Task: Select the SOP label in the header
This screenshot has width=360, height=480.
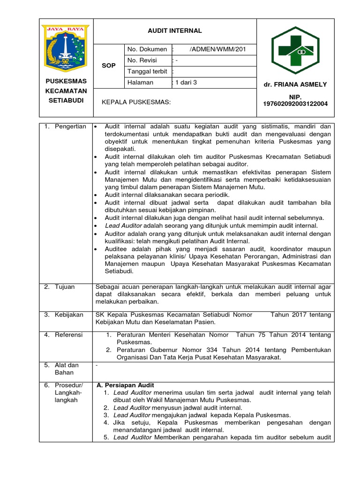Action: tap(108, 66)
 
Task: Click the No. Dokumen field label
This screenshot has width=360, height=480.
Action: tap(147, 49)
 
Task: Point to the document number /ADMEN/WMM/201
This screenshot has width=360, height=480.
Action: tap(217, 49)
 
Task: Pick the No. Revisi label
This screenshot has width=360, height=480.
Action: tap(142, 60)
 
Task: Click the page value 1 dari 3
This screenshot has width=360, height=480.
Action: tap(186, 82)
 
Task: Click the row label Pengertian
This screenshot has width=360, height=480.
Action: tap(70, 127)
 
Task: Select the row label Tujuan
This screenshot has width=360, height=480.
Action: tap(65, 287)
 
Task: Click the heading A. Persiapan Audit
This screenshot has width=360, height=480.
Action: tap(125, 385)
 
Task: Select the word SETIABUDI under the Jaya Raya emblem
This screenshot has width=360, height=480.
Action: tap(66, 100)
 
